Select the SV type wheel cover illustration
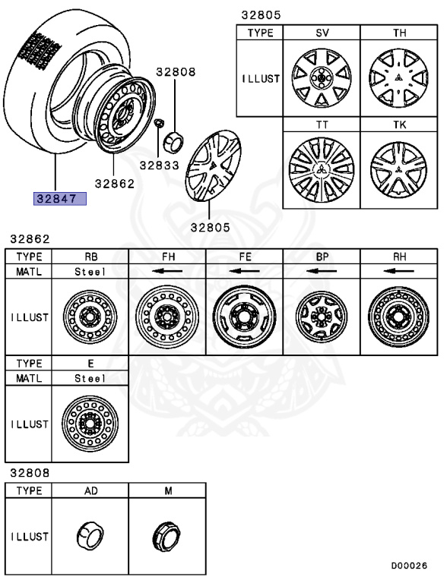321,78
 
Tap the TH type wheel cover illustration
398,78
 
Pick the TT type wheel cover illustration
321,168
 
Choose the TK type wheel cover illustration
398,168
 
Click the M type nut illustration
166,537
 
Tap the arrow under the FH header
166,270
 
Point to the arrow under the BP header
321,270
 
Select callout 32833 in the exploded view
157,164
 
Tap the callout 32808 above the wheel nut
176,73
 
